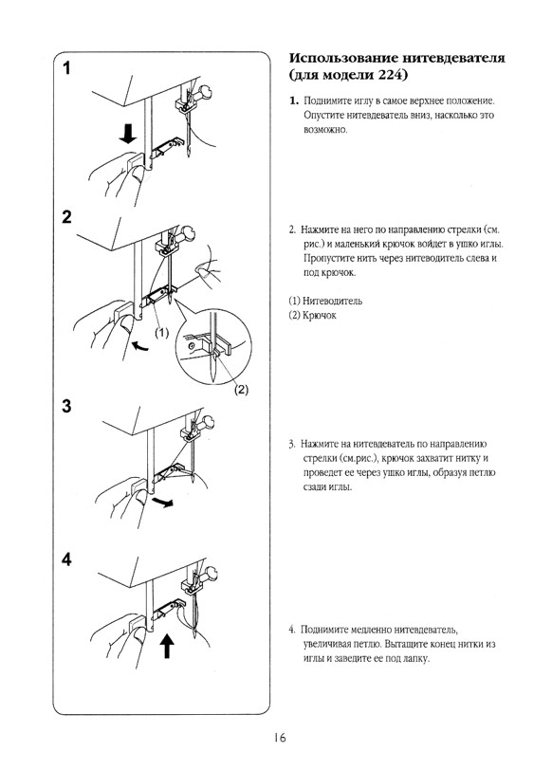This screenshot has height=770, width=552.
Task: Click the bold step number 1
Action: [x=66, y=67]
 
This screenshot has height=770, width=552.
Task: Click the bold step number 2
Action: [x=66, y=216]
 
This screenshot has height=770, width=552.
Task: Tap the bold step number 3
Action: [x=66, y=406]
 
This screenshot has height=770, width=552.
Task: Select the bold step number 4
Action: [x=66, y=559]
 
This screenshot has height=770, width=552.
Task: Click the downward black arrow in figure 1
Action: [x=128, y=134]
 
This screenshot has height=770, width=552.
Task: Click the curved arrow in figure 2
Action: [x=141, y=347]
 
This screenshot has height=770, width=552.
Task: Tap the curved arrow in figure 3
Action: [x=162, y=502]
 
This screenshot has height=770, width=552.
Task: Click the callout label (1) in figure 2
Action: [x=162, y=334]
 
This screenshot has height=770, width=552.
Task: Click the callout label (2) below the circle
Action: [x=241, y=390]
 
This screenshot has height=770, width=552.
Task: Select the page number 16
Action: [x=280, y=737]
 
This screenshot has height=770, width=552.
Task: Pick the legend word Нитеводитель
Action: [x=332, y=301]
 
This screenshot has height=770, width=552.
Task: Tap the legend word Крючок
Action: [x=320, y=315]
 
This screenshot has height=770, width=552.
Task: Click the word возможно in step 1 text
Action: [x=324, y=130]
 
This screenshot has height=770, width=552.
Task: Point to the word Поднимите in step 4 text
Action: [x=322, y=630]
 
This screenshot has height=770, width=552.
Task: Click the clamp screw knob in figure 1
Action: [x=205, y=92]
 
